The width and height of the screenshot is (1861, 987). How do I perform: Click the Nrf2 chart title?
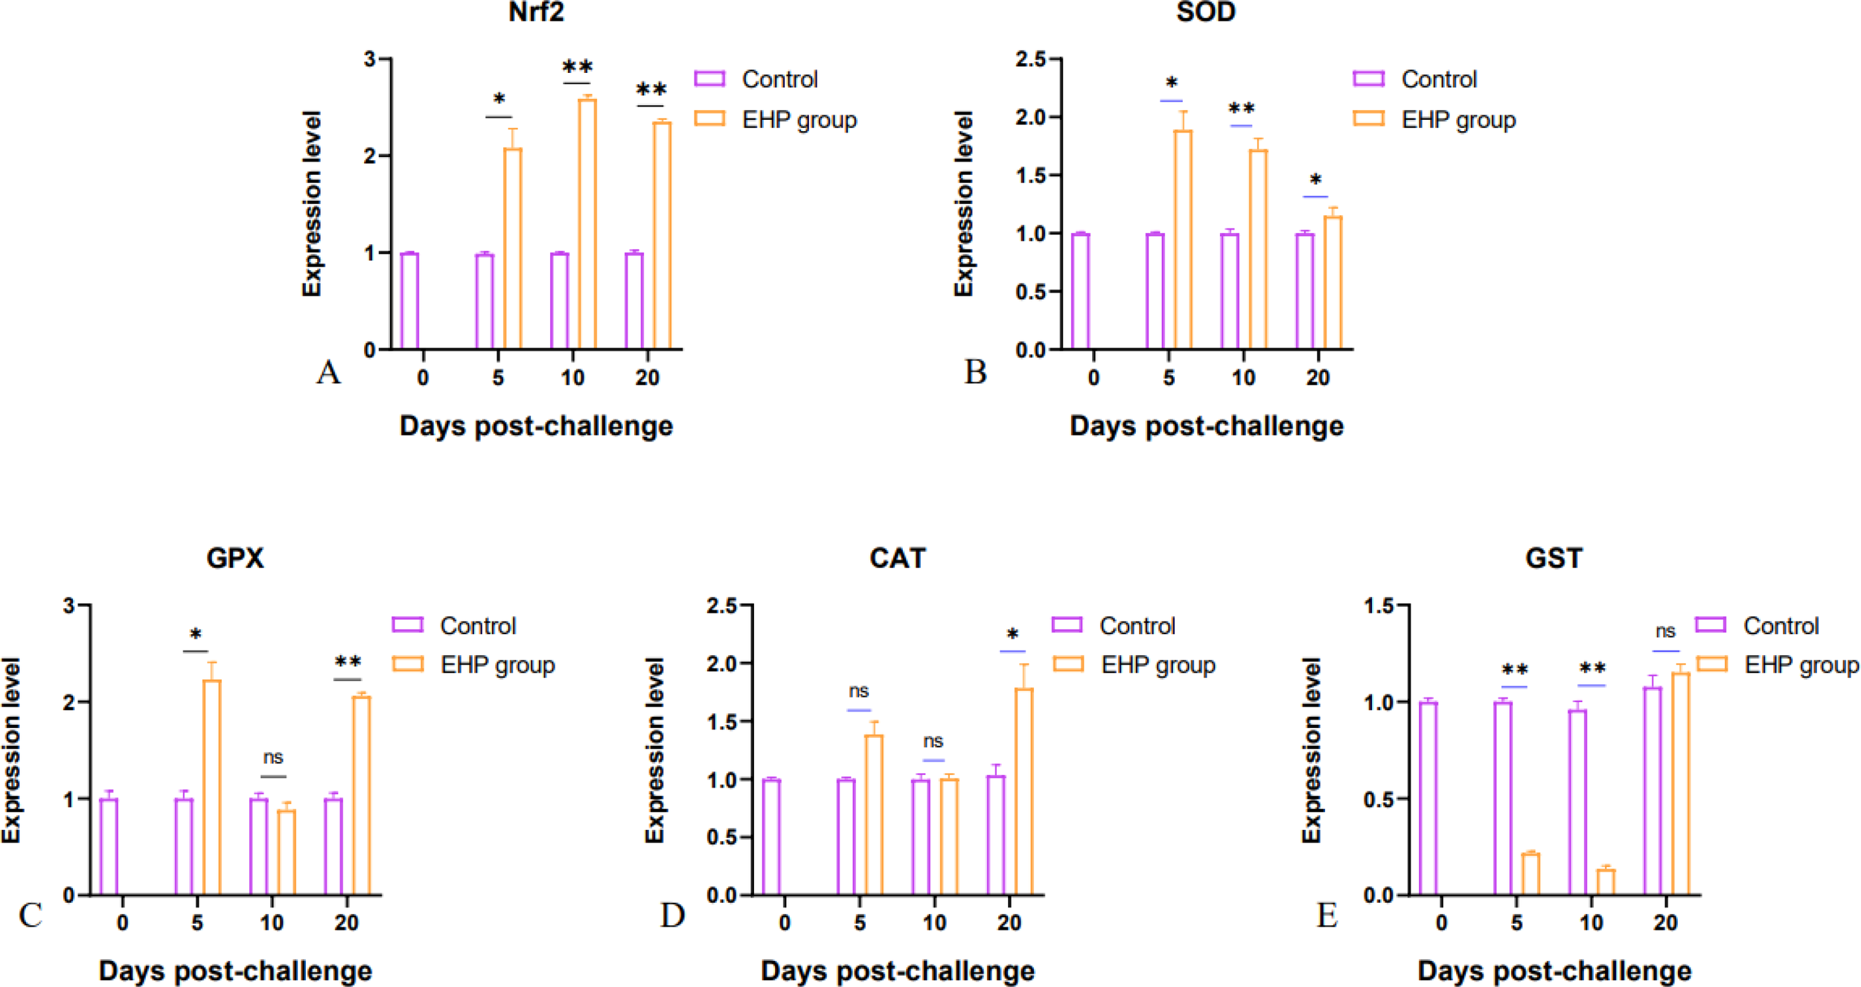(x=536, y=13)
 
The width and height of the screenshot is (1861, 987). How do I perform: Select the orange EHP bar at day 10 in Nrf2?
(x=587, y=223)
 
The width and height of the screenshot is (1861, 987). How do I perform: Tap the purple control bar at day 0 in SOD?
(x=1080, y=291)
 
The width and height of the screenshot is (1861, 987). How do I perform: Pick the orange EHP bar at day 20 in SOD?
(x=1332, y=282)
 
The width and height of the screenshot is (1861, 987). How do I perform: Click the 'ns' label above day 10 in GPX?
(x=273, y=757)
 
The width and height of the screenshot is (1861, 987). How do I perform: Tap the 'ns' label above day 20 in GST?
(x=1665, y=631)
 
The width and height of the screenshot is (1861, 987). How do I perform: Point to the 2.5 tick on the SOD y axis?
(x=1030, y=59)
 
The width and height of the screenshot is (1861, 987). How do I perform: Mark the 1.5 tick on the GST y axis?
(x=1378, y=606)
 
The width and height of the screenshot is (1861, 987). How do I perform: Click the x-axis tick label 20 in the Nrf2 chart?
(x=647, y=377)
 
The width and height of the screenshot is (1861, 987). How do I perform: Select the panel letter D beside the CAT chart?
(x=672, y=915)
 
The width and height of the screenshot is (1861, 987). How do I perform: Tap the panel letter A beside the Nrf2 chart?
(x=328, y=371)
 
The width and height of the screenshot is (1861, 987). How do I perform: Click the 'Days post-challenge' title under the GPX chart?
(x=235, y=971)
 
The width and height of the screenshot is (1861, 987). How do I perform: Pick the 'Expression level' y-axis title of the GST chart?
(x=1311, y=750)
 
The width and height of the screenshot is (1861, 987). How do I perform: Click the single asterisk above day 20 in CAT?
(x=1012, y=635)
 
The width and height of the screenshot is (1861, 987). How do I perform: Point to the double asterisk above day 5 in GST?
(x=1515, y=669)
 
